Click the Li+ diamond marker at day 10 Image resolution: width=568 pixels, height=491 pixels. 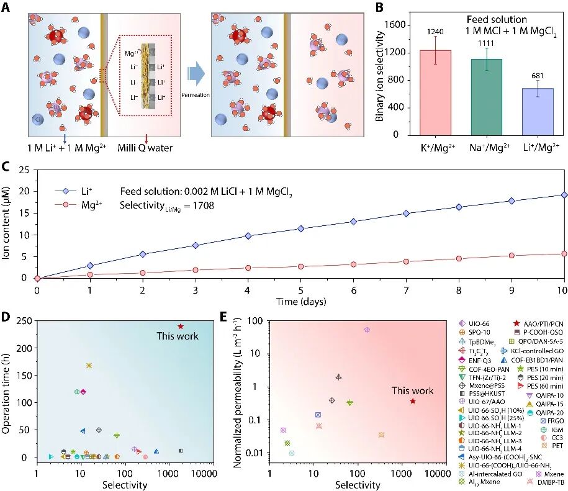point(564,195)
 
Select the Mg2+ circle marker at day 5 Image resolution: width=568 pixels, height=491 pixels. point(300,266)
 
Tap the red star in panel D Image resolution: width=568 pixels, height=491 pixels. point(181,326)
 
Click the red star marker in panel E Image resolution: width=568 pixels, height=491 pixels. point(413,401)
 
